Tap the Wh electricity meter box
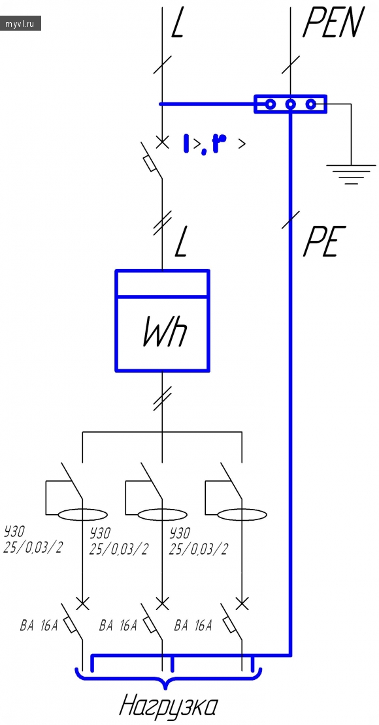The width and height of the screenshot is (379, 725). point(162,320)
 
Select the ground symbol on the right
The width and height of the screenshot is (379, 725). point(352,174)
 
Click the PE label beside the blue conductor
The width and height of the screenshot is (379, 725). point(325,241)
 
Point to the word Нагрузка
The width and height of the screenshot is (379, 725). point(169,707)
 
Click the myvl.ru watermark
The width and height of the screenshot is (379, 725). point(20,23)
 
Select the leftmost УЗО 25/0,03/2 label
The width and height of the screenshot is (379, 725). point(33,539)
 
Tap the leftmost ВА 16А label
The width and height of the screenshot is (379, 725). point(39,626)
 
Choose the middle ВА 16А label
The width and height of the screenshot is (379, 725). point(118,626)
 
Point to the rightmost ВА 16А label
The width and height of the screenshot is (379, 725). point(193,626)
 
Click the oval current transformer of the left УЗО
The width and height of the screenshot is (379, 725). point(82,514)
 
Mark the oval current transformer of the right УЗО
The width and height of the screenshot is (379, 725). point(242,514)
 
